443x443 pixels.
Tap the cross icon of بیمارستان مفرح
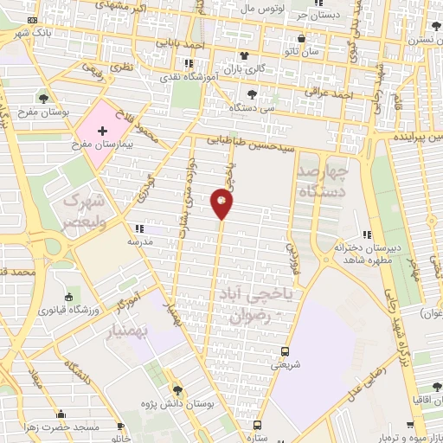point(103,130)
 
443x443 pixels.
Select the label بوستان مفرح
point(39,112)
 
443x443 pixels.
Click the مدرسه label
point(141,242)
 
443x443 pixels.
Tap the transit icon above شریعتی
point(286,351)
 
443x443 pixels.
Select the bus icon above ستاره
point(257,424)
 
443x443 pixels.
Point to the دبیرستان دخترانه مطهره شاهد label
point(373,253)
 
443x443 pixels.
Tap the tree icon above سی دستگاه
point(252,94)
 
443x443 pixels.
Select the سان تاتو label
point(309,52)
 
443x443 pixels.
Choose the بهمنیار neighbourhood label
point(144,331)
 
